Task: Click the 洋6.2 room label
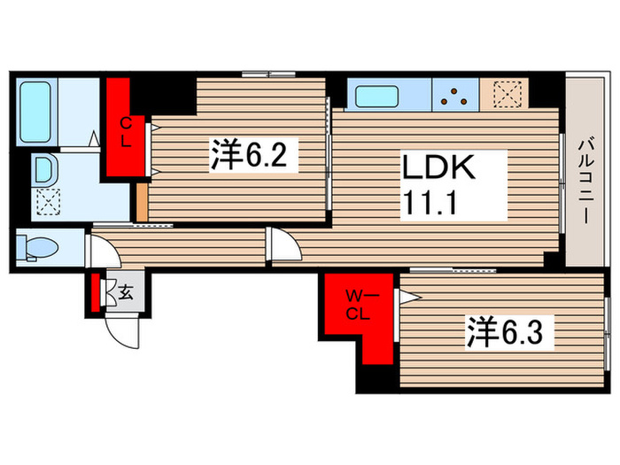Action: point(253,155)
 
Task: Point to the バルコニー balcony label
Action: point(585,181)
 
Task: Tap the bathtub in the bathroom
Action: point(35,112)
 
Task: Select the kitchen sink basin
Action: point(376,97)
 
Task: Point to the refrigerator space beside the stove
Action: point(504,94)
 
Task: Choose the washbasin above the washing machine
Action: point(44,170)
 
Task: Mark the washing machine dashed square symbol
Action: point(48,201)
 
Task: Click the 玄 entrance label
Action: point(126,293)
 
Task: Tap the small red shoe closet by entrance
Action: point(96,292)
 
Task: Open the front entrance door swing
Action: point(123,331)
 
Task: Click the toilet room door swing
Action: point(103,251)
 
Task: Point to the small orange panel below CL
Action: point(143,202)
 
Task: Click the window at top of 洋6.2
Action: point(269,74)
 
